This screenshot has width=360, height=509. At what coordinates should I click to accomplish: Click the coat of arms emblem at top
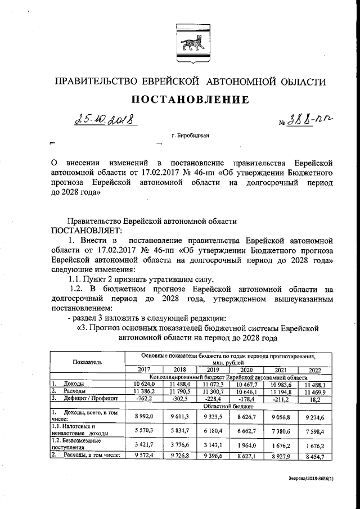pos(190,38)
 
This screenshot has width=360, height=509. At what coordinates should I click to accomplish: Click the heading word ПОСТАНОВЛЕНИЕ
pos(190,100)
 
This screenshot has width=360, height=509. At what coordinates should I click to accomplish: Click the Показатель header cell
pos(87,363)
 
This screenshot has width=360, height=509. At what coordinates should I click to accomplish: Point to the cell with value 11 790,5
pos(180,391)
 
